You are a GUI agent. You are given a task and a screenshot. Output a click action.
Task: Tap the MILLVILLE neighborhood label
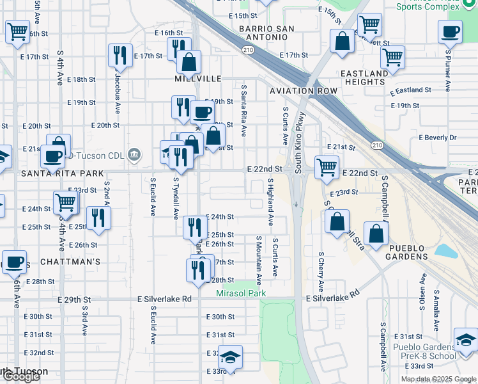point(198,79)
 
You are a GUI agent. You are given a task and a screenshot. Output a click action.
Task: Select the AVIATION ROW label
point(303,91)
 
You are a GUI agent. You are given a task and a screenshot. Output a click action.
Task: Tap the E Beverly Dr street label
point(438,138)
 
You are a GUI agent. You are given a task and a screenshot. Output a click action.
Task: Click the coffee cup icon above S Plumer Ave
point(450,31)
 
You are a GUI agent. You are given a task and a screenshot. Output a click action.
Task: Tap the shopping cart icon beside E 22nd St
point(327,167)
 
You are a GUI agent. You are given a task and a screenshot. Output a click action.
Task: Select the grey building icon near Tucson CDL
point(134,154)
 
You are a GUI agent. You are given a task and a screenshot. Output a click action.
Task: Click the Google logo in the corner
point(20,376)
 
